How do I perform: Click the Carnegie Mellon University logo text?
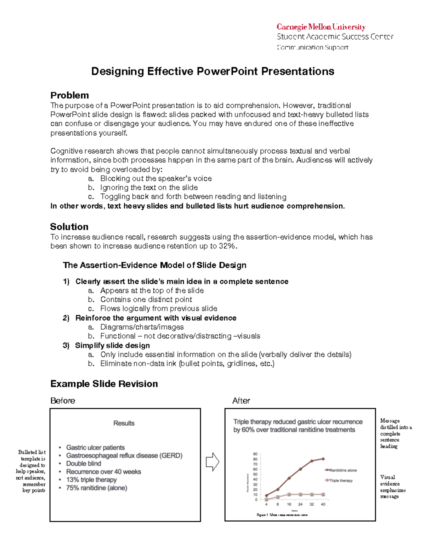point(321,27)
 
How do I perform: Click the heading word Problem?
point(69,95)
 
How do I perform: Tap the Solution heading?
point(69,227)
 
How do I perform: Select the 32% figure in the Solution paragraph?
point(227,246)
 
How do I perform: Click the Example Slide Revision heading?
point(104,384)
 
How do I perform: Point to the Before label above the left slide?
point(63,401)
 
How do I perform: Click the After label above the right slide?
point(241,401)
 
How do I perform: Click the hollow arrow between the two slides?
point(212,462)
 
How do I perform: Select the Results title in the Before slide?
point(124,423)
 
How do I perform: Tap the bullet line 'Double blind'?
point(84,464)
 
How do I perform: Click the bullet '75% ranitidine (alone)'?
point(96,488)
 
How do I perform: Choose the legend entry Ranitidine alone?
point(342,470)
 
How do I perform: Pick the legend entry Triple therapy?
point(340,481)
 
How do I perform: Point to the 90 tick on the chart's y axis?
point(255,454)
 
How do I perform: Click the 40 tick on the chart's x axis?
point(323,504)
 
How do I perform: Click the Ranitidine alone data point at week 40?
point(323,459)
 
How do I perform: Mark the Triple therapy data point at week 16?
point(289,494)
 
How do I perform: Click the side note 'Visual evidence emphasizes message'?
point(392,487)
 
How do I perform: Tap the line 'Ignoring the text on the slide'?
point(149,188)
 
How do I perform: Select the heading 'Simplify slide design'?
point(112,346)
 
